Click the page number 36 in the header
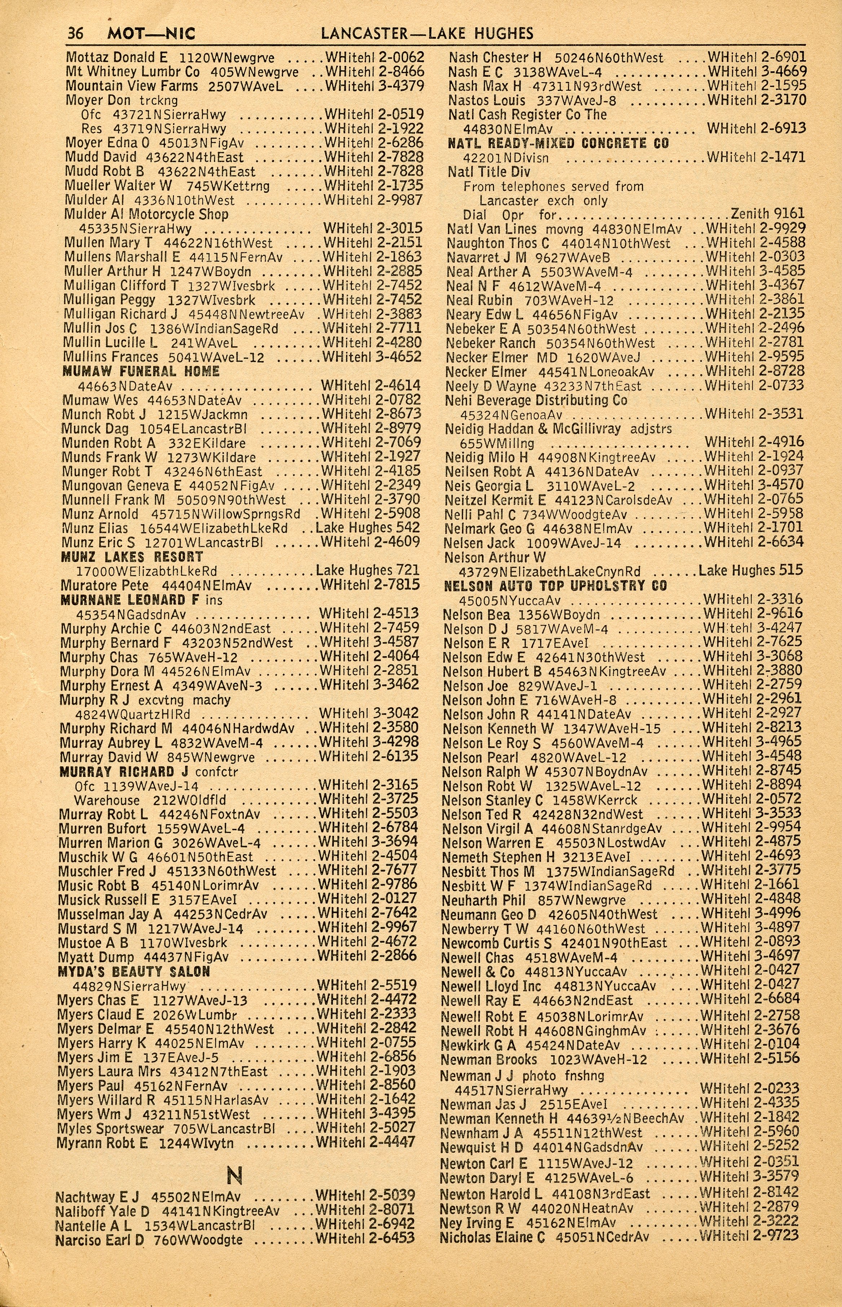[x=75, y=34]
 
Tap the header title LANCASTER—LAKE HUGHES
[x=427, y=34]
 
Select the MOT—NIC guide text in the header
[x=151, y=34]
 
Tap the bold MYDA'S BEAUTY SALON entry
[x=134, y=972]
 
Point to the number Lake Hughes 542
[x=368, y=528]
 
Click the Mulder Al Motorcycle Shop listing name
[x=146, y=215]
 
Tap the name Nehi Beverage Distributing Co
[x=536, y=400]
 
